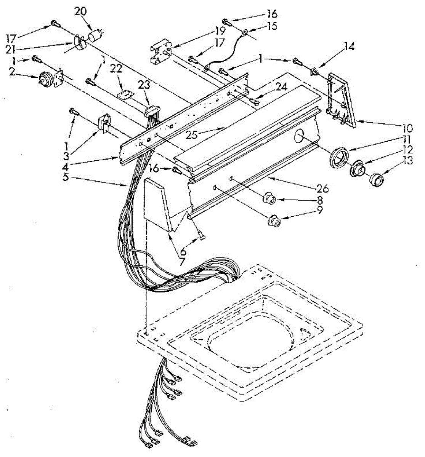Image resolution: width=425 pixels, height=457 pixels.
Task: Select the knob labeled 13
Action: pos(377,179)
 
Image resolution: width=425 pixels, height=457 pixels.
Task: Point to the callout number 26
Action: pos(321,188)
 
